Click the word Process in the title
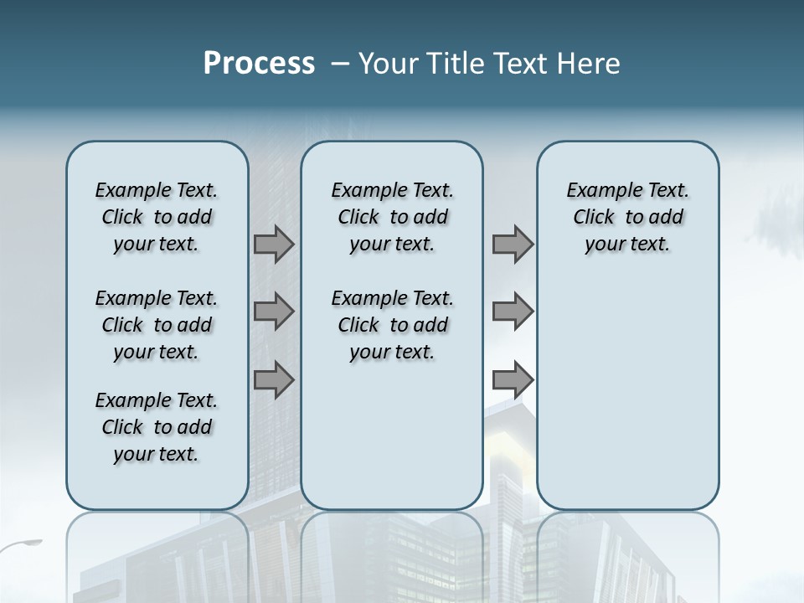tap(259, 64)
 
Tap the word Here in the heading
tap(586, 64)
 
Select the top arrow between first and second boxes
tap(274, 245)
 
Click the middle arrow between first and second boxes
tap(274, 312)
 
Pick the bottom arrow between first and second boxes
tap(274, 379)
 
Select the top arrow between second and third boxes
tap(513, 245)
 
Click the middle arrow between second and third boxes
tap(513, 312)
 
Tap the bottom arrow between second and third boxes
tap(513, 379)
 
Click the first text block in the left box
tap(157, 217)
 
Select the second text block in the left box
tap(157, 325)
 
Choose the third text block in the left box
tap(157, 427)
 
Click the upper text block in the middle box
tap(392, 217)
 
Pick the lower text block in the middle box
tap(392, 325)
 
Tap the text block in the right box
tap(628, 217)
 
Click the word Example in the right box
tap(597, 190)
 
